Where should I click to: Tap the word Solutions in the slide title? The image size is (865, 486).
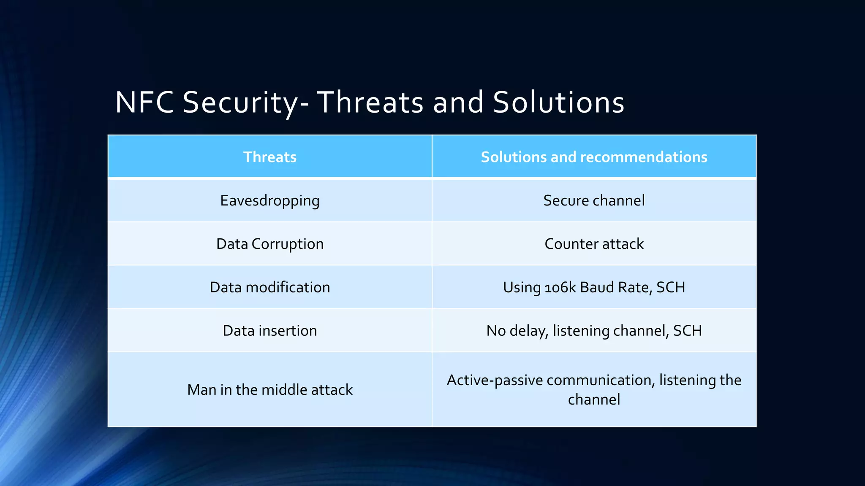(x=558, y=103)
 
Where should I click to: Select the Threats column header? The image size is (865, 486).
(x=270, y=157)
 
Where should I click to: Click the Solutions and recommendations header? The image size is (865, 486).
(x=594, y=157)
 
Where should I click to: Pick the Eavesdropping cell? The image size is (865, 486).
(x=270, y=200)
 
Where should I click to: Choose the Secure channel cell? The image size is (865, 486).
(x=594, y=200)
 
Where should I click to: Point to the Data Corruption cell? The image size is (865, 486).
(x=270, y=244)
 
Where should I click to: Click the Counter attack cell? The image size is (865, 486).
(x=594, y=244)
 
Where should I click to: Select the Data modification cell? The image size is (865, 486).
(x=270, y=287)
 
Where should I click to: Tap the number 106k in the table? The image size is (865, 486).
(x=560, y=288)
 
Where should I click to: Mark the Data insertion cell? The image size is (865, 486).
(x=270, y=331)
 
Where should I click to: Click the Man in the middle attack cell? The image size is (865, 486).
(x=270, y=390)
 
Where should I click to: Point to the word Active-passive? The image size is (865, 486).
(x=495, y=381)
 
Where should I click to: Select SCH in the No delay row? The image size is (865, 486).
(x=687, y=331)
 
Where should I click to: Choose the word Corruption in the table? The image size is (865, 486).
(x=287, y=244)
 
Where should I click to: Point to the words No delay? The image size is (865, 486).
(x=517, y=331)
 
